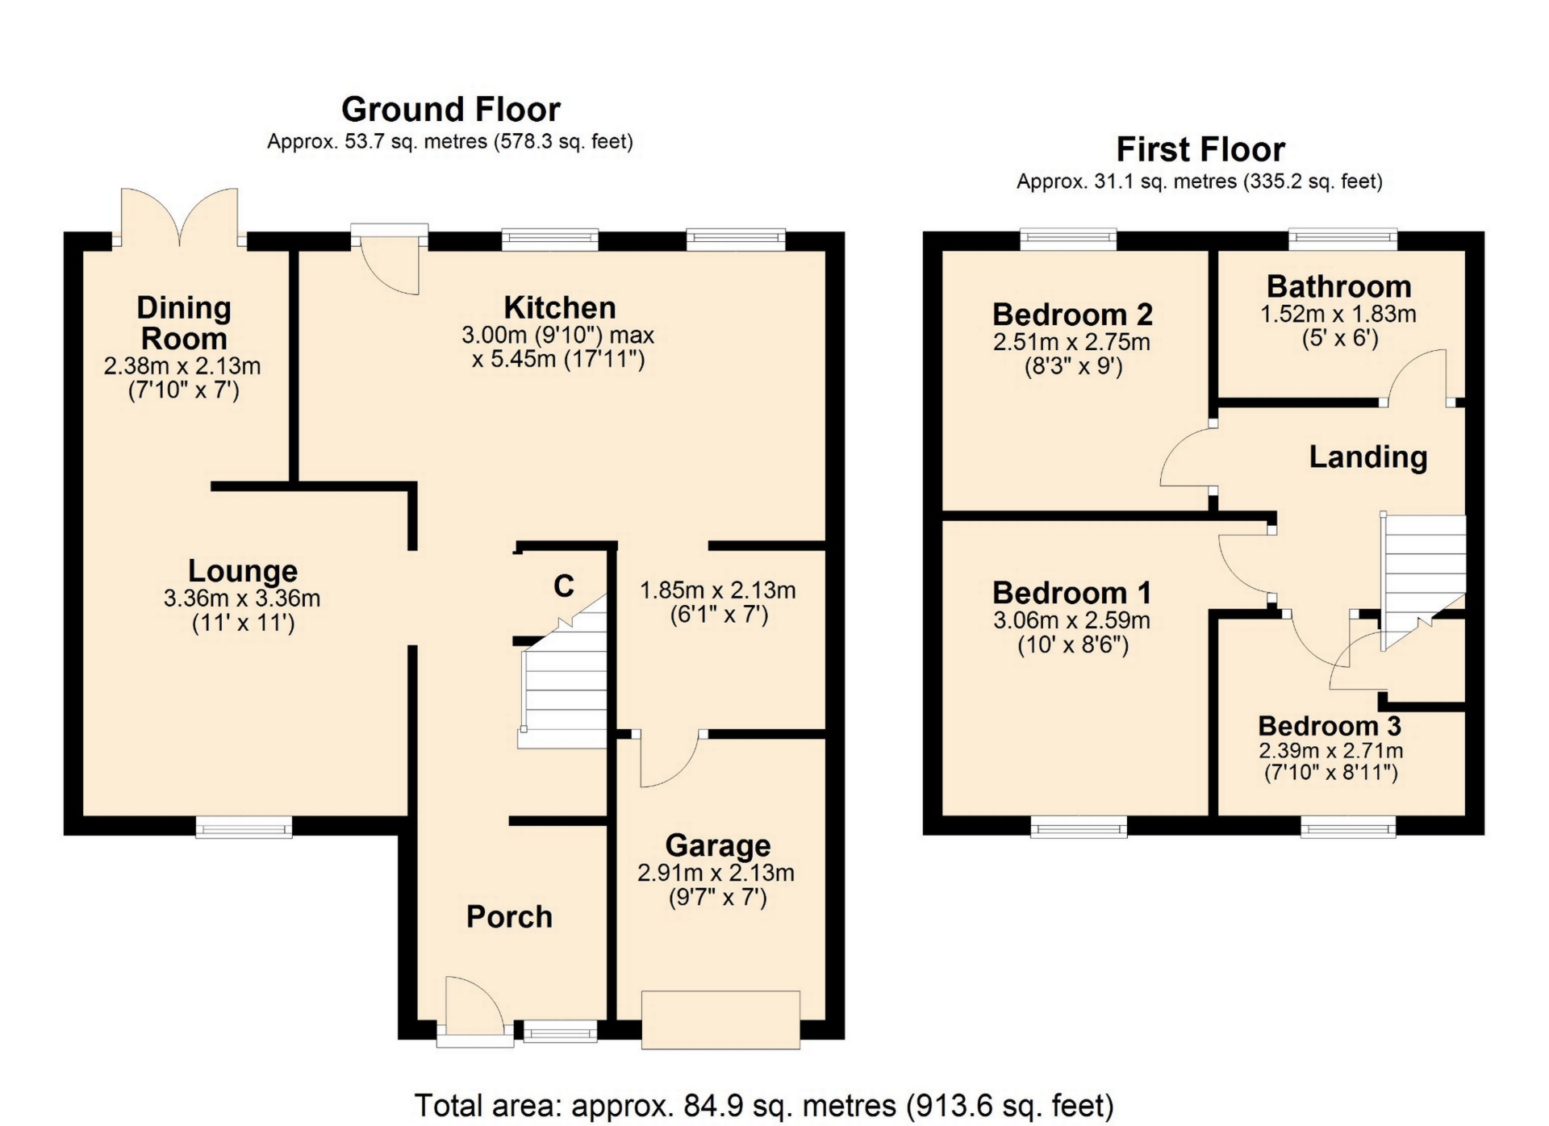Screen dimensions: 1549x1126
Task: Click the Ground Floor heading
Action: [450, 109]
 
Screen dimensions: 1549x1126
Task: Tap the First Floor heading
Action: [1200, 149]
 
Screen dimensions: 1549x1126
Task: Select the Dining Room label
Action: [184, 323]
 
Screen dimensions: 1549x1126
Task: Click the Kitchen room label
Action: [559, 307]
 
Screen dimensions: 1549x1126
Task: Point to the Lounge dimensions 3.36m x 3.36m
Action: [242, 598]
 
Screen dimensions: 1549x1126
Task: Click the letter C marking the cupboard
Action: [564, 586]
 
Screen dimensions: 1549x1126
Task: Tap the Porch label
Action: [509, 916]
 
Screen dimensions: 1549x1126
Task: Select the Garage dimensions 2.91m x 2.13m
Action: [716, 873]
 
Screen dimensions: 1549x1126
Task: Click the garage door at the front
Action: [720, 1020]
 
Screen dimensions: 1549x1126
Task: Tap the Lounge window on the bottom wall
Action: [244, 826]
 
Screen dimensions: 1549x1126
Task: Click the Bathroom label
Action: [1338, 286]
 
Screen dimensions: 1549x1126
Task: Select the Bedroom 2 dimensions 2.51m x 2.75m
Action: [1071, 342]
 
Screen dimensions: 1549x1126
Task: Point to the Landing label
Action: [1367, 457]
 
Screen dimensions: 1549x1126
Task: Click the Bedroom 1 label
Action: [1071, 593]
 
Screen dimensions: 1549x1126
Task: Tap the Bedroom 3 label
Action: [1330, 726]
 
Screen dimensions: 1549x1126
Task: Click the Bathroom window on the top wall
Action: [1342, 239]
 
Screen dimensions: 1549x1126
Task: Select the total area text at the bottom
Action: [764, 1105]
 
